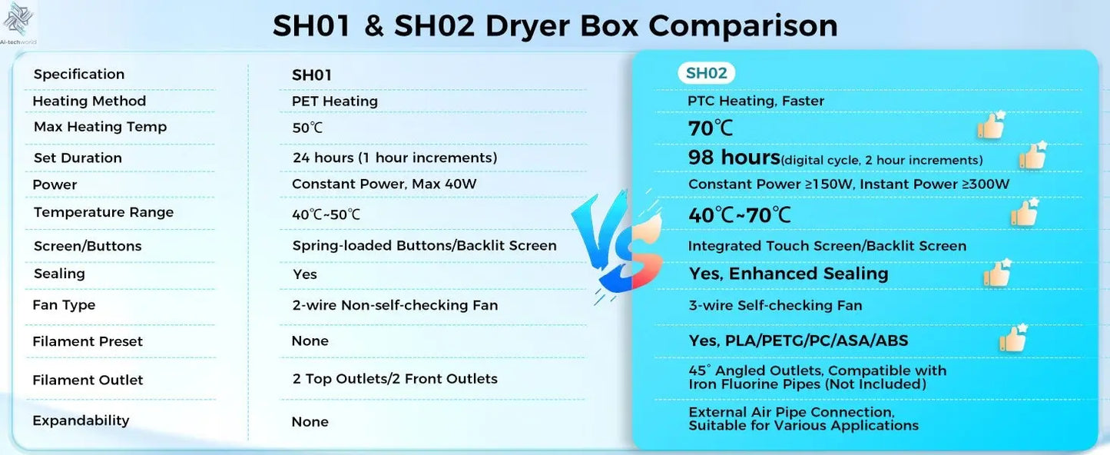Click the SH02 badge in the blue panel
point(706,73)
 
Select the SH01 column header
point(311,75)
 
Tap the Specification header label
point(79,75)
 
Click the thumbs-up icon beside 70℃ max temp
point(992,125)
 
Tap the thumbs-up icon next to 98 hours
point(1033,156)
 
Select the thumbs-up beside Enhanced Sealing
point(998,274)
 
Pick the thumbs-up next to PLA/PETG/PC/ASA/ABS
point(1014,338)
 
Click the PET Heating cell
point(335,101)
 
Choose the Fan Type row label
point(64,305)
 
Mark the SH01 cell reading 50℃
point(307,128)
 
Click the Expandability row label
point(81,420)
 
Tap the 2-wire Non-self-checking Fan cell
point(395,305)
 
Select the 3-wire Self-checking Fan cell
point(775,305)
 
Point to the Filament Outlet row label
point(88,380)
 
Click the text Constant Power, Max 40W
point(395,184)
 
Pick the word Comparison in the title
point(743,26)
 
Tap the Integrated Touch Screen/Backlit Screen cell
point(827,246)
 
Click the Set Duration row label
point(78,158)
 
